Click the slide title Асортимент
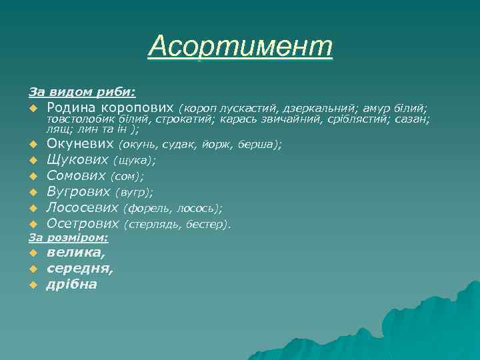240,47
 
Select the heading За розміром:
69,237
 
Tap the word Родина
71,107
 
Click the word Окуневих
81,143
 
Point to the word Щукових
77,160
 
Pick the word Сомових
76,176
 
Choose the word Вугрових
78,192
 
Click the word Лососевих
83,208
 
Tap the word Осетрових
82,224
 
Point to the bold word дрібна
71,285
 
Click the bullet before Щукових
32,161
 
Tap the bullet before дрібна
32,285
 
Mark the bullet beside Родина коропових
32,108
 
